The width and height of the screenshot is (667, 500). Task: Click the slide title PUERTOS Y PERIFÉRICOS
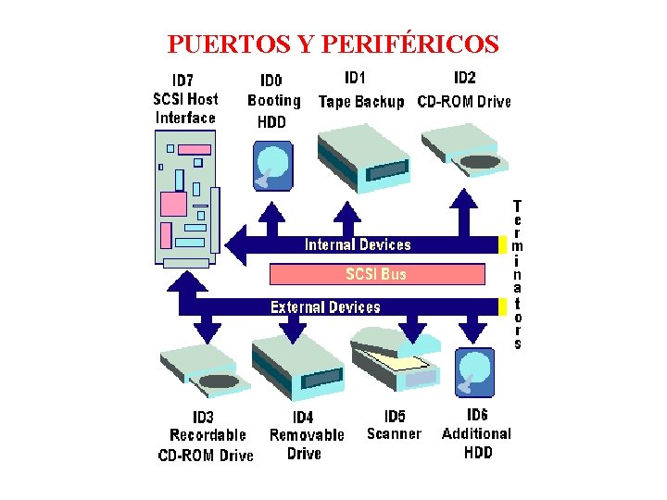pos(333,44)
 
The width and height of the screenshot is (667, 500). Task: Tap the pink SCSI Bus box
pos(376,274)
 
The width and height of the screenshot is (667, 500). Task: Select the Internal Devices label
pos(358,244)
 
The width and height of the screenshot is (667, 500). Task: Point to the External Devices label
pos(325,306)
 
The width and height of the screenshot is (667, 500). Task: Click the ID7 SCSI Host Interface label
pos(185,98)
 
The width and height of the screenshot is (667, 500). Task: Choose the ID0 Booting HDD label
pos(273,101)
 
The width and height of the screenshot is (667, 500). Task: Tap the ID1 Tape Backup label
pos(360,91)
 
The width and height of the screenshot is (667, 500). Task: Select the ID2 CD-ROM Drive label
pos(464,91)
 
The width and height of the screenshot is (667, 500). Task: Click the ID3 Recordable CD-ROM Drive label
pos(207,436)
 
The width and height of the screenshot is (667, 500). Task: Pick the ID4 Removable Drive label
pos(306,436)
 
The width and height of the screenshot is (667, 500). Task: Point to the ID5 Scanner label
pos(395,425)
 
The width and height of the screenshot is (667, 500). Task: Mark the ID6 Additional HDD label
pos(477,433)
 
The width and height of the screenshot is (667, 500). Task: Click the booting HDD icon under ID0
pos(273,165)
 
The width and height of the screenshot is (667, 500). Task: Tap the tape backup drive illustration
pos(363,157)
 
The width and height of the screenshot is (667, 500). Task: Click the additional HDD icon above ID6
pos(475,371)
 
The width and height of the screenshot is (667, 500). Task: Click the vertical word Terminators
pos(517,274)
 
